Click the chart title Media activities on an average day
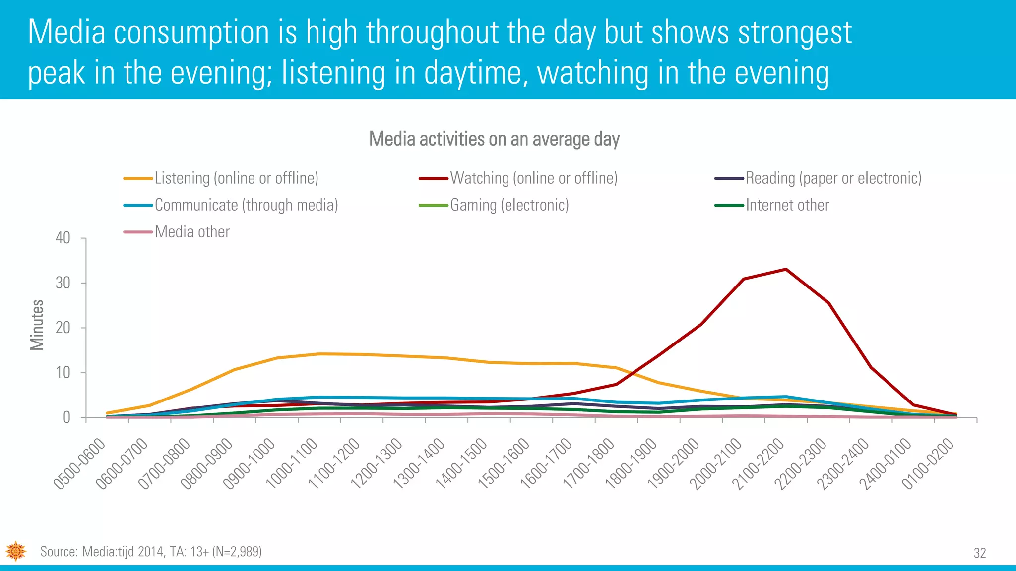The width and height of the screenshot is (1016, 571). coord(494,139)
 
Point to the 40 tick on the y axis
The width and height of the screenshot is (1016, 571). coord(63,238)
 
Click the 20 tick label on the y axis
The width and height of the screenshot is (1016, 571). coord(63,328)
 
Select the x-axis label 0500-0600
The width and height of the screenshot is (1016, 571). coord(79,464)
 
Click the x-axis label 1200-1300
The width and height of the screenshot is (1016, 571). coord(376,464)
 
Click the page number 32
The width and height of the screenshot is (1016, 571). coord(980,553)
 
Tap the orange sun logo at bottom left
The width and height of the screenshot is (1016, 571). coord(16,551)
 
